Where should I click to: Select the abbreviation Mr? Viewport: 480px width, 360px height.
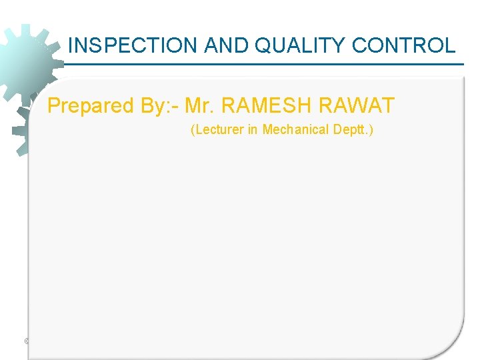click(199, 105)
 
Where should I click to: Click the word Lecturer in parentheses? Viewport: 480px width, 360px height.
click(219, 129)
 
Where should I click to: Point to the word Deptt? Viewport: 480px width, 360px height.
click(349, 129)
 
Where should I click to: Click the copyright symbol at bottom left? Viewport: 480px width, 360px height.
click(27, 341)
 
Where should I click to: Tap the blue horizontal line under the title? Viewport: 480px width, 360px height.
click(267, 64)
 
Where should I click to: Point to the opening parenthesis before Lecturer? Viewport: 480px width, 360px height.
click(193, 129)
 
